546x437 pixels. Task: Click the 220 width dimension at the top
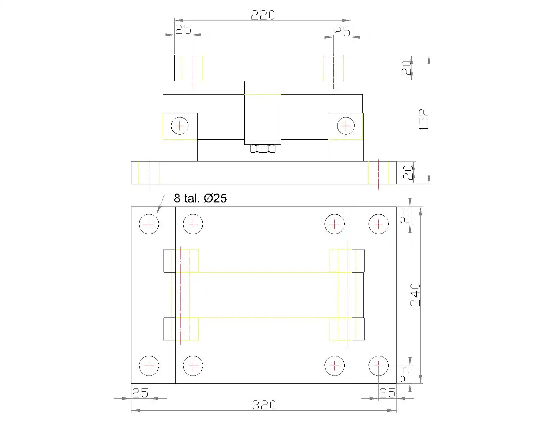(x=263, y=15)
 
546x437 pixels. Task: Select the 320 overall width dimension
(x=263, y=405)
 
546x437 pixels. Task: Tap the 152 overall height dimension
(x=423, y=119)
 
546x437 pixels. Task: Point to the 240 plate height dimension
(x=415, y=295)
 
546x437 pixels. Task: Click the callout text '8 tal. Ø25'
(x=200, y=198)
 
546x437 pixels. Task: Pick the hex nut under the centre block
(x=263, y=149)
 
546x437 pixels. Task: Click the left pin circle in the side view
(x=179, y=126)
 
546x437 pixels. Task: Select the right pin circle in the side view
(x=346, y=126)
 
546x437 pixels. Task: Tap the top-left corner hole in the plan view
(x=149, y=224)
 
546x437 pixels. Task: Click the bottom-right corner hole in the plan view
(x=378, y=366)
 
